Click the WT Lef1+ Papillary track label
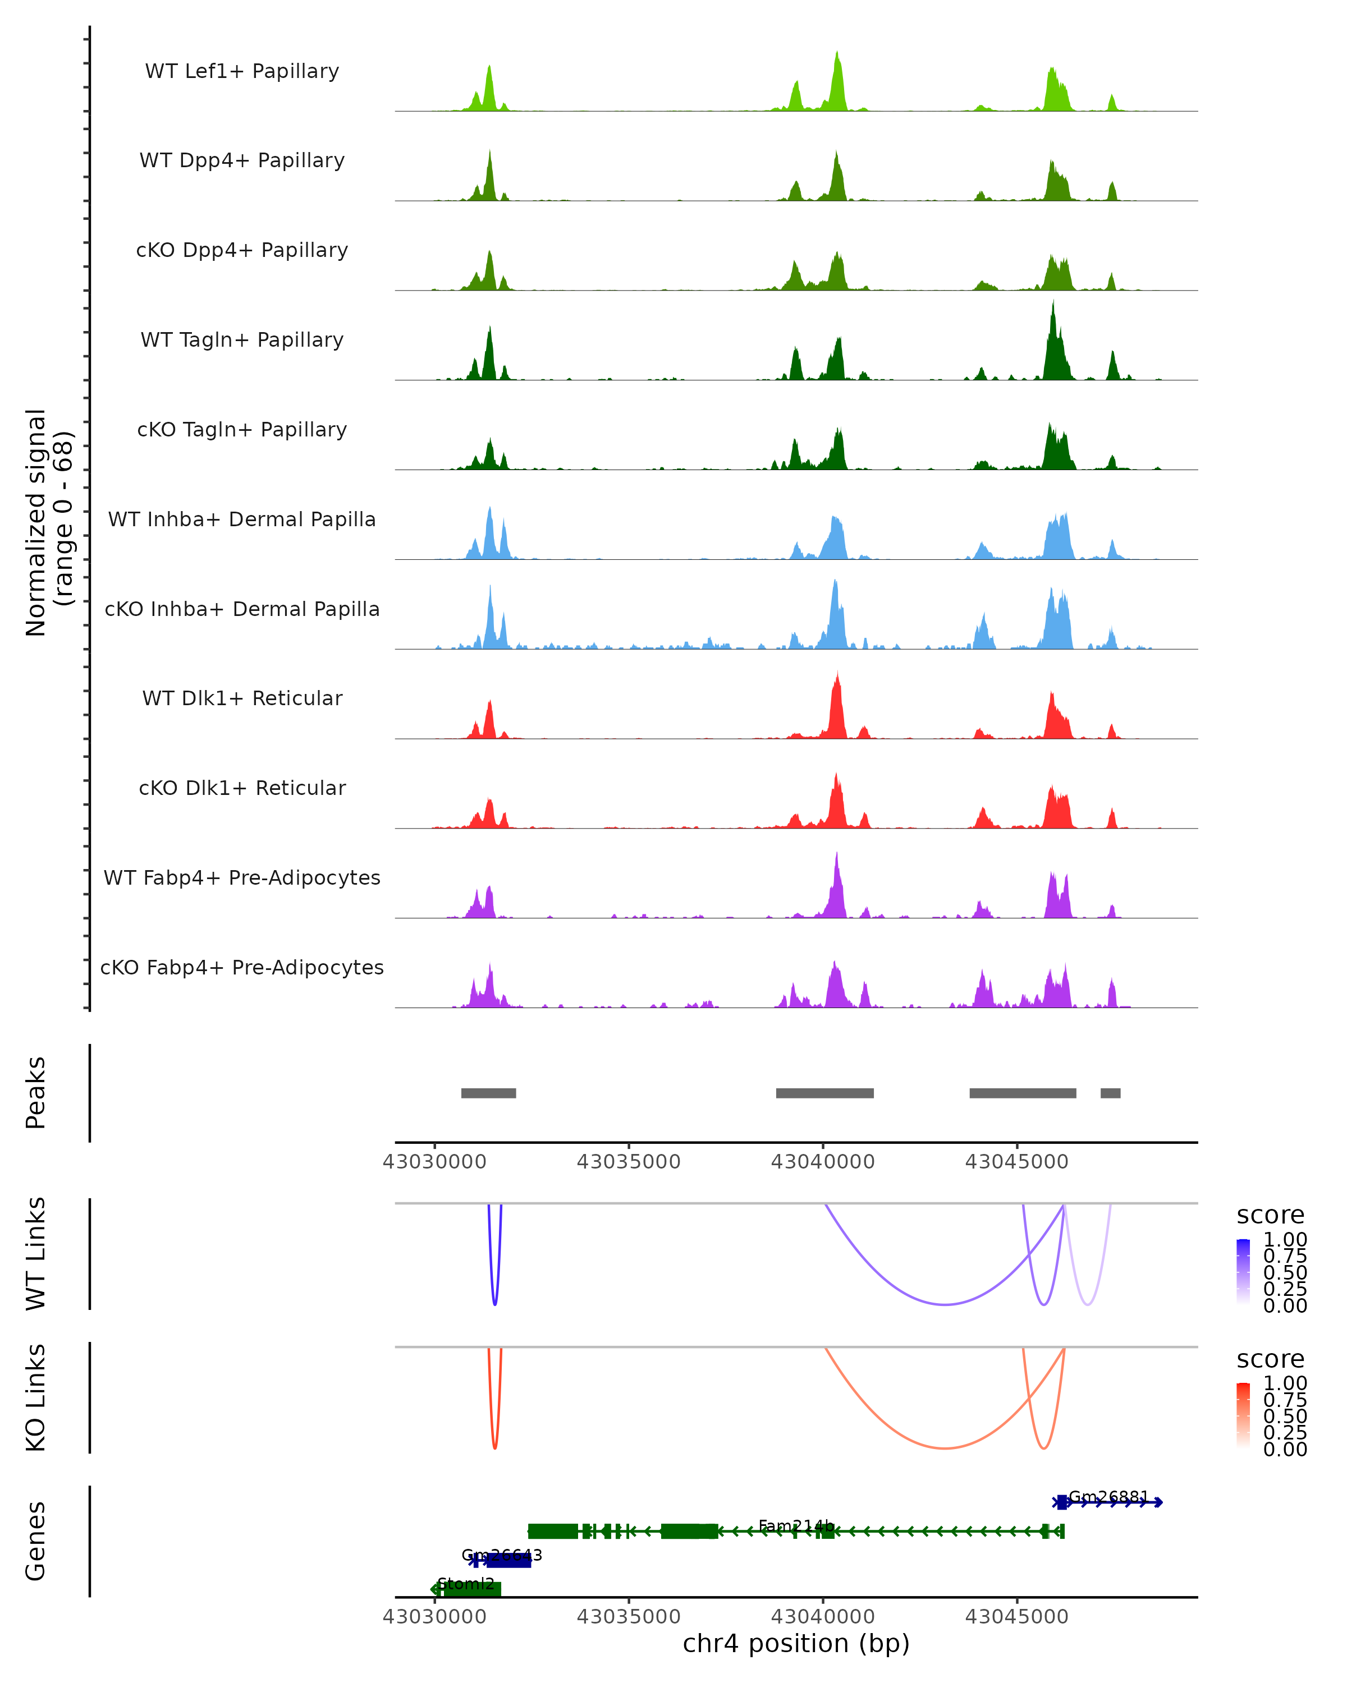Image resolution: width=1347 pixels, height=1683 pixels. click(242, 71)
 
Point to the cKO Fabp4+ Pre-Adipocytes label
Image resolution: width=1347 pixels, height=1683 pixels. click(242, 967)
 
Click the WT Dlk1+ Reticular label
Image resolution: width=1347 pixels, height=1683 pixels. click(242, 698)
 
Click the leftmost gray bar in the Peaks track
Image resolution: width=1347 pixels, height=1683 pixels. click(488, 1093)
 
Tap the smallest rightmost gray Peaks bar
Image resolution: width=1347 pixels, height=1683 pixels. click(1110, 1093)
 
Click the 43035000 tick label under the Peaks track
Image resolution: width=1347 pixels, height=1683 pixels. click(628, 1162)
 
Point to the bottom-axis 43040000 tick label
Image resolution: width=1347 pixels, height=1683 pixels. click(822, 1616)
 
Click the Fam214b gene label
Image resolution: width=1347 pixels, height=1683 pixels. click(796, 1526)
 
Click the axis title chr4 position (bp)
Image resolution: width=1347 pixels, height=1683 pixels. click(796, 1643)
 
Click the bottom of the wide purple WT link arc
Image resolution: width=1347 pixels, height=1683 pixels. click(945, 1304)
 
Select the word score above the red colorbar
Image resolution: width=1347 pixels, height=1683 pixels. click(1270, 1359)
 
